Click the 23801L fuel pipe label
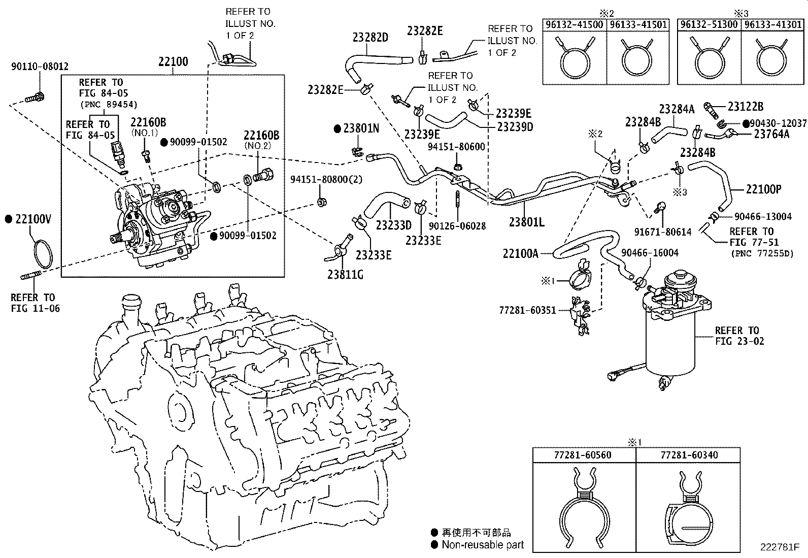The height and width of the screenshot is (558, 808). (x=526, y=222)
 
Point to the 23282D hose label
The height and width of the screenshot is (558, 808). (x=371, y=38)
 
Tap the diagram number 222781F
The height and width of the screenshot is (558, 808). (x=779, y=547)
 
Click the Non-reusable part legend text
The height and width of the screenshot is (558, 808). (x=482, y=545)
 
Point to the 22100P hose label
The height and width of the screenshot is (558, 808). (x=763, y=189)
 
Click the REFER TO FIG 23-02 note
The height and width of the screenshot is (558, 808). (x=739, y=336)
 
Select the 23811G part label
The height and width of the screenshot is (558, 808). (x=345, y=275)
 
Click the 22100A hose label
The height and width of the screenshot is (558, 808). (x=520, y=253)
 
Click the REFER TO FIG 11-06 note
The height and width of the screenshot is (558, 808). (x=35, y=303)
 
